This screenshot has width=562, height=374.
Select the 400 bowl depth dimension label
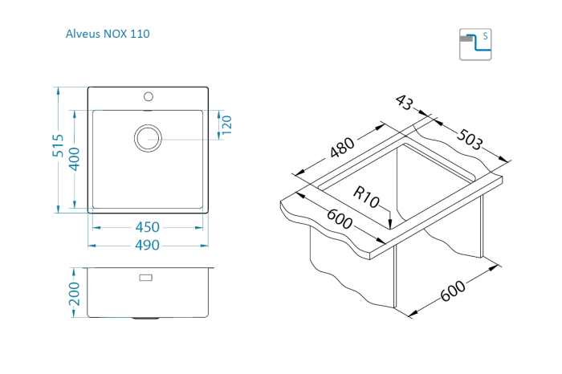coord(75,160)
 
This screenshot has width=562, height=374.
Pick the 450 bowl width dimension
coord(147,227)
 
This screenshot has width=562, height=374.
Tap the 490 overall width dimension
coord(147,245)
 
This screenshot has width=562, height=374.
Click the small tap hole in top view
coord(148,97)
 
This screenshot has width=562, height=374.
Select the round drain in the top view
coord(148,137)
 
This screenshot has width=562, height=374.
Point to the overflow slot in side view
coord(146,278)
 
